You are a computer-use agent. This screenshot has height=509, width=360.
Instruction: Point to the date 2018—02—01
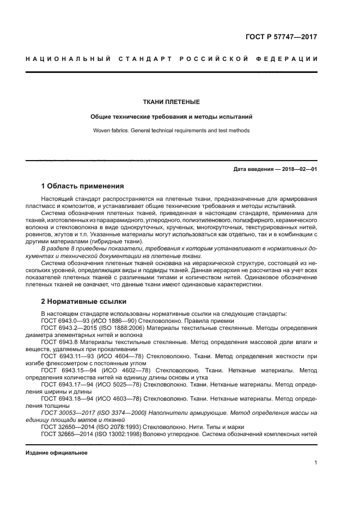click(298, 169)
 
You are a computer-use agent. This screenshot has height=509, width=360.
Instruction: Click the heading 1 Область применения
click(82, 186)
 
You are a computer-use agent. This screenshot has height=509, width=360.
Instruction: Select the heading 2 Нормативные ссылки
click(84, 301)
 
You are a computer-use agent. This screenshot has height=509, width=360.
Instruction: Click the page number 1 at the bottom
click(315, 462)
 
